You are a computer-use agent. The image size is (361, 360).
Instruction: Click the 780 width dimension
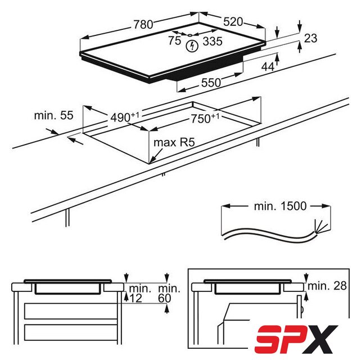(x=143, y=24)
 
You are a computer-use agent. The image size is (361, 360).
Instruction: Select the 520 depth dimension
(x=233, y=22)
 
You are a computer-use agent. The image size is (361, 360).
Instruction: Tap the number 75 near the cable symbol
(x=174, y=40)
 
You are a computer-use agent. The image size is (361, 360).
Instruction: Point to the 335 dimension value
(x=213, y=42)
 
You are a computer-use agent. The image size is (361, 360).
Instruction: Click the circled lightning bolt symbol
(x=192, y=46)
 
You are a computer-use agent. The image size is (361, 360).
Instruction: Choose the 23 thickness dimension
(x=310, y=38)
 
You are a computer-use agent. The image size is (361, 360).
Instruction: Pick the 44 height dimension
(x=268, y=67)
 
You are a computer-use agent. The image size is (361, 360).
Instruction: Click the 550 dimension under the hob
(x=211, y=83)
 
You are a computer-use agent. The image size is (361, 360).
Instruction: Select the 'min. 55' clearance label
(x=53, y=115)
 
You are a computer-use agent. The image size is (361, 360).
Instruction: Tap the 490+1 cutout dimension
(x=125, y=117)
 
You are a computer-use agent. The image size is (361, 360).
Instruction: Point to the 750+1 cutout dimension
(x=205, y=118)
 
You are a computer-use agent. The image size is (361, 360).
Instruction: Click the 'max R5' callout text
(x=174, y=142)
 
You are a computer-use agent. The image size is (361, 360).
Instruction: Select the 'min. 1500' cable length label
(x=280, y=206)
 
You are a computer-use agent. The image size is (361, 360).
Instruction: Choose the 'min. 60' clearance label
(x=169, y=294)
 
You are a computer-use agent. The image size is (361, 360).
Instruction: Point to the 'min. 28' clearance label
(x=327, y=286)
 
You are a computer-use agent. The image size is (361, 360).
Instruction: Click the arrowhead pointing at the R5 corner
(x=152, y=161)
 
